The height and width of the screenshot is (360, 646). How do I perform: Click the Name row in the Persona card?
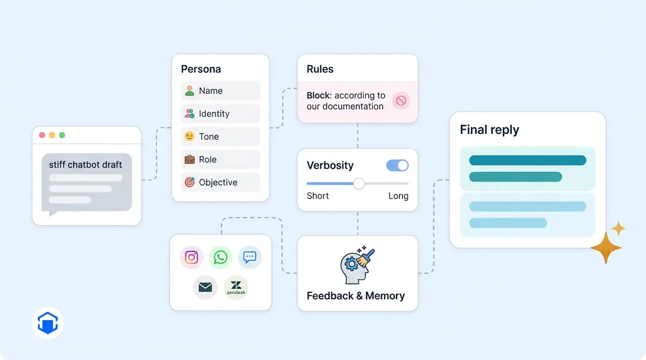tap(220, 91)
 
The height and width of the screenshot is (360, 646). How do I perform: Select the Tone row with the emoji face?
tap(220, 137)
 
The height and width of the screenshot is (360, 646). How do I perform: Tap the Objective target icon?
tap(189, 182)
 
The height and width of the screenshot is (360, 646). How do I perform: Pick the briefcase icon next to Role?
tap(189, 159)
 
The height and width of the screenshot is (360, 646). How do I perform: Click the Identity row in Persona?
tap(220, 114)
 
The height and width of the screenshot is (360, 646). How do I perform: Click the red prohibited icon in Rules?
tap(401, 101)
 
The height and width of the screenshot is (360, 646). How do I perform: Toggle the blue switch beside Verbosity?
tap(397, 165)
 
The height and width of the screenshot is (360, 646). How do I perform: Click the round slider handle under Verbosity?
tap(359, 183)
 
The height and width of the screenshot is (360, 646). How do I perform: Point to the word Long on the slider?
tap(398, 196)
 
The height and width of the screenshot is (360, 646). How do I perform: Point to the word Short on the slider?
tap(318, 196)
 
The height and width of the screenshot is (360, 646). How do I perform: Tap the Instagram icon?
tap(192, 257)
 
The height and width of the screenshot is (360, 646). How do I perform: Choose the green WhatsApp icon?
tap(220, 257)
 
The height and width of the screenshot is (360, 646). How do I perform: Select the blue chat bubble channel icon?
tap(249, 257)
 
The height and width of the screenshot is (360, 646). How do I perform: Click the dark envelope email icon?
tap(205, 287)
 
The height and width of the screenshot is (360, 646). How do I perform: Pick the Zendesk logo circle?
tap(236, 287)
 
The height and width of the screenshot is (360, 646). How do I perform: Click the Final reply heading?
tap(489, 130)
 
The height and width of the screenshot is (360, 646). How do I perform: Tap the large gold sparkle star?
tap(606, 248)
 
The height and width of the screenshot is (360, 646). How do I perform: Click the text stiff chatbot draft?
tap(86, 165)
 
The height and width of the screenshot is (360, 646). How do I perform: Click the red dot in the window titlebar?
tap(42, 135)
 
